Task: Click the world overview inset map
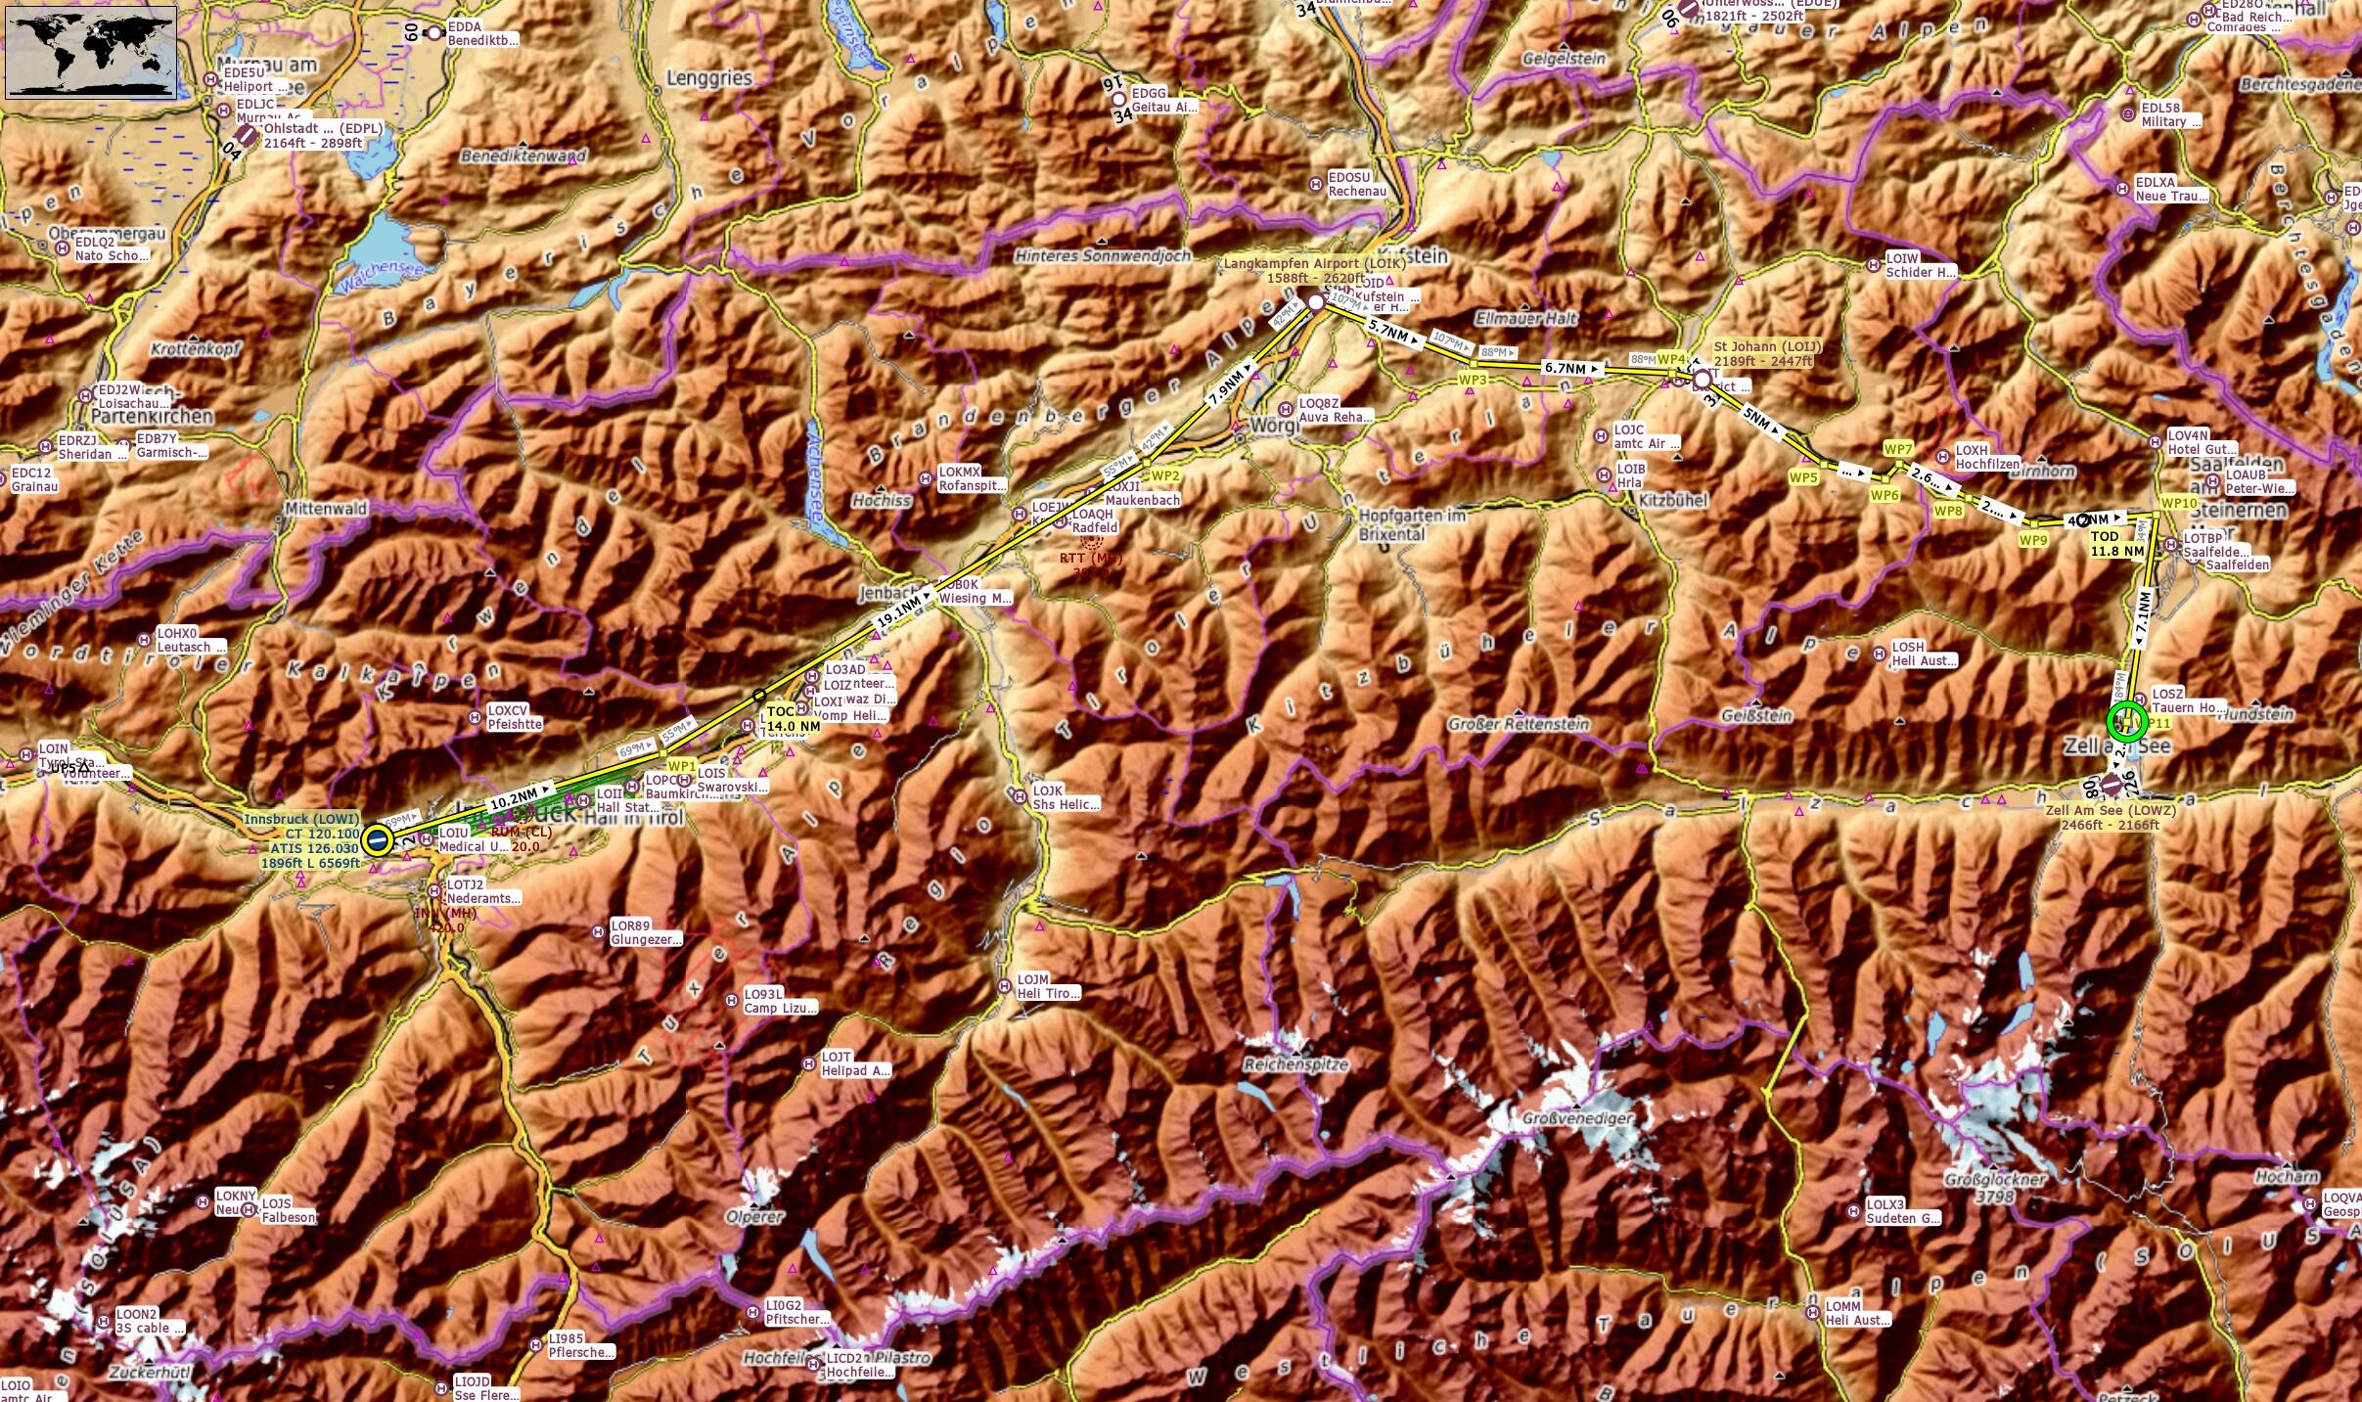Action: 91,52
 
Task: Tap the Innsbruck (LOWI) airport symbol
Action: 376,839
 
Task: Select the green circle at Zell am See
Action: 2126,722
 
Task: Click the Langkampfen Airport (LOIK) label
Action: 1314,264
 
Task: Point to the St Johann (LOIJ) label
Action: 1766,347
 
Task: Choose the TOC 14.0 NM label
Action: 793,719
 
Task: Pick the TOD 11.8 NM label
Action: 2117,544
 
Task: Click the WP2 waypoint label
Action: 1165,476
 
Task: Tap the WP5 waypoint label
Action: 1802,478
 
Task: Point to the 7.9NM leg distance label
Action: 1227,386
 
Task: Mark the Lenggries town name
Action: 708,78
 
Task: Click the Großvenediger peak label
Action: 1576,1118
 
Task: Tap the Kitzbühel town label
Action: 1672,501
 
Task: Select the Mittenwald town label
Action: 326,509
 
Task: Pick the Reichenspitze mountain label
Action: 1295,1064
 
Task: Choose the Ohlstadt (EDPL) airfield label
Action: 323,129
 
